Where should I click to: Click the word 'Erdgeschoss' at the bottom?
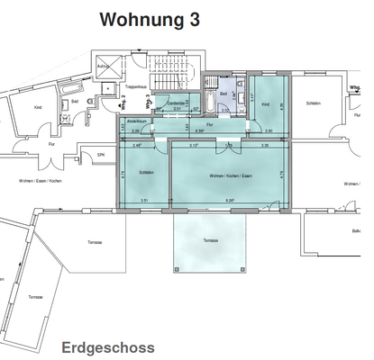pos(107,346)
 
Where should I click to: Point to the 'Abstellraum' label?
pos(137,121)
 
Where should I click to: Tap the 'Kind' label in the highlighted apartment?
pos(265,105)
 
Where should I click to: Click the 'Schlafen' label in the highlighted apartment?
pos(144,172)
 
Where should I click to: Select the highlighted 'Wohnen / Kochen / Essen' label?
pos(227,175)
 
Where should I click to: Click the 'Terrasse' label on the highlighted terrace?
pos(210,241)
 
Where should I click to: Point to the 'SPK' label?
pos(101,155)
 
